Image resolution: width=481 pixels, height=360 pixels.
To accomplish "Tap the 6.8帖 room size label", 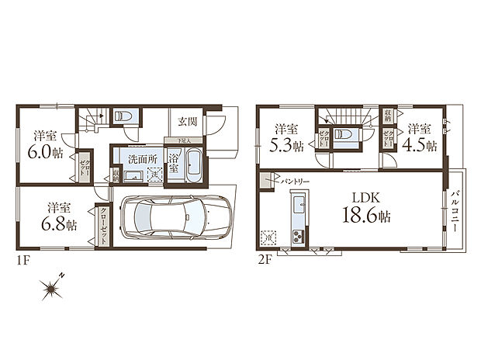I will click(x=60, y=224).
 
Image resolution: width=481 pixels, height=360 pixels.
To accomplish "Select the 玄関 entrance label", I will click(x=187, y=122).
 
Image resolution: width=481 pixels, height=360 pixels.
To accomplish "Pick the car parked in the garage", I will click(x=178, y=218).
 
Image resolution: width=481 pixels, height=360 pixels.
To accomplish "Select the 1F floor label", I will click(x=20, y=261).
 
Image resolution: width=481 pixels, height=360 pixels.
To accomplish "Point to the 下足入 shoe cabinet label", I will click(x=183, y=141).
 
